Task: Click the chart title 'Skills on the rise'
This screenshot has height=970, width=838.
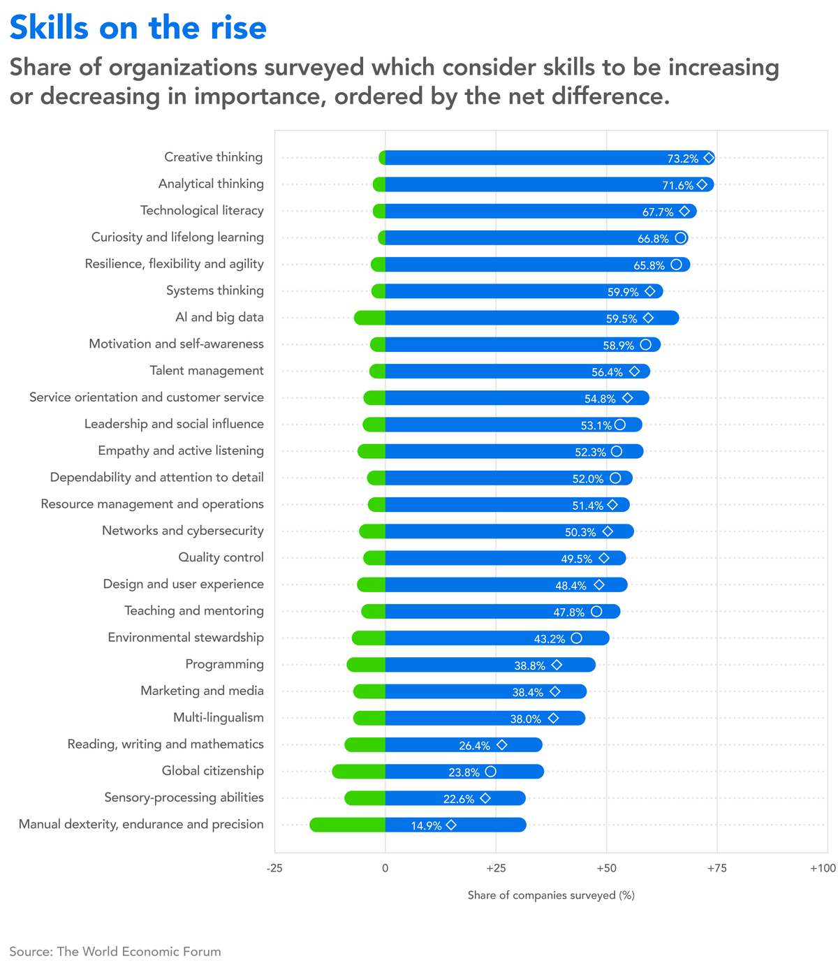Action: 138,28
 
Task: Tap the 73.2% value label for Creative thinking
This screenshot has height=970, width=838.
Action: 682,159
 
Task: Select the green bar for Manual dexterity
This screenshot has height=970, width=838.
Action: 348,825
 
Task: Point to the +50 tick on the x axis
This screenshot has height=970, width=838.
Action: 606,868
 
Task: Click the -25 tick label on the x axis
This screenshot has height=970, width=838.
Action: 274,868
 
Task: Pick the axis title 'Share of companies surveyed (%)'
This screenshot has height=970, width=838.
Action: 551,895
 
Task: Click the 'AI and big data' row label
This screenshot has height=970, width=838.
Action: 219,318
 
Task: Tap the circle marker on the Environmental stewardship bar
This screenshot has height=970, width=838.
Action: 576,638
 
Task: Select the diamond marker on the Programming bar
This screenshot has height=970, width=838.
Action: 557,665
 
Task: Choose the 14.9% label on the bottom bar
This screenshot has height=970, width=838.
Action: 426,825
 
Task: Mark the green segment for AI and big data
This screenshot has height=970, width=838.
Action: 369,318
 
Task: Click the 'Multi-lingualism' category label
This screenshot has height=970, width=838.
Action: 219,718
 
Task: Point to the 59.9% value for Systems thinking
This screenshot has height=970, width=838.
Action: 623,292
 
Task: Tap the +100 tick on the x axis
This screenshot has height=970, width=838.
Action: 823,868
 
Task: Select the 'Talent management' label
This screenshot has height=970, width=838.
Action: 207,371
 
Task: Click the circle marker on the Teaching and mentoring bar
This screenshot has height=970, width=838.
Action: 596,612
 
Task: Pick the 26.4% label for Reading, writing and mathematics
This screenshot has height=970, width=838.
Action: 474,745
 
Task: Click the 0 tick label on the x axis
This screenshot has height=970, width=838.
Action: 385,868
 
